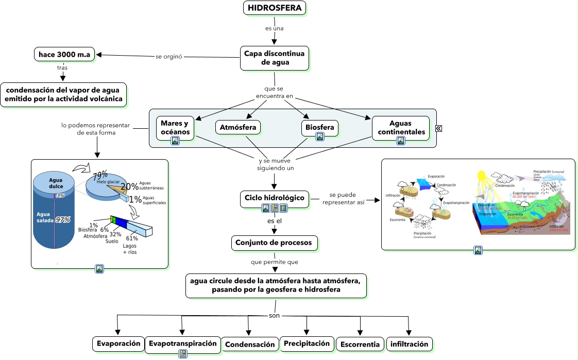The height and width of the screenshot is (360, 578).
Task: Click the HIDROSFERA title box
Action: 275,8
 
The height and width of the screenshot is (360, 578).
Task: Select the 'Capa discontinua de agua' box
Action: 274,58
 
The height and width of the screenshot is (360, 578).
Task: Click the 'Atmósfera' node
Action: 237,127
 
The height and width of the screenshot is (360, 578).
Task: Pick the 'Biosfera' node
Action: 319,127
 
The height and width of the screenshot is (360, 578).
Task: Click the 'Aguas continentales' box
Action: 401,127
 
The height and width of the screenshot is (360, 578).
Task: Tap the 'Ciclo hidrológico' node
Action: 274,198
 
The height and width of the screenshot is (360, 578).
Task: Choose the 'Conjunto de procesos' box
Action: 274,243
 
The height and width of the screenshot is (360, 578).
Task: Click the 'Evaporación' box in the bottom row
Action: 118,344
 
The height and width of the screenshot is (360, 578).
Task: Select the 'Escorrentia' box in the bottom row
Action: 360,345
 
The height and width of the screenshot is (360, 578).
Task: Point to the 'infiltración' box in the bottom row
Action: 409,344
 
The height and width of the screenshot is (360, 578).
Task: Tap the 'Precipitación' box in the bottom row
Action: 307,344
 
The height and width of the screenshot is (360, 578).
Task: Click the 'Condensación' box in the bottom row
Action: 250,345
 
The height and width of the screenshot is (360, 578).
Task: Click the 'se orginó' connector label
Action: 169,56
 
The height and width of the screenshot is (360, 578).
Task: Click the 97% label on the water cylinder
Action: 63,220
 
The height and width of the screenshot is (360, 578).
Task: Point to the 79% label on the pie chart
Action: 100,174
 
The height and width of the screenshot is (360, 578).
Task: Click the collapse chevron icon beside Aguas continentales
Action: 438,129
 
